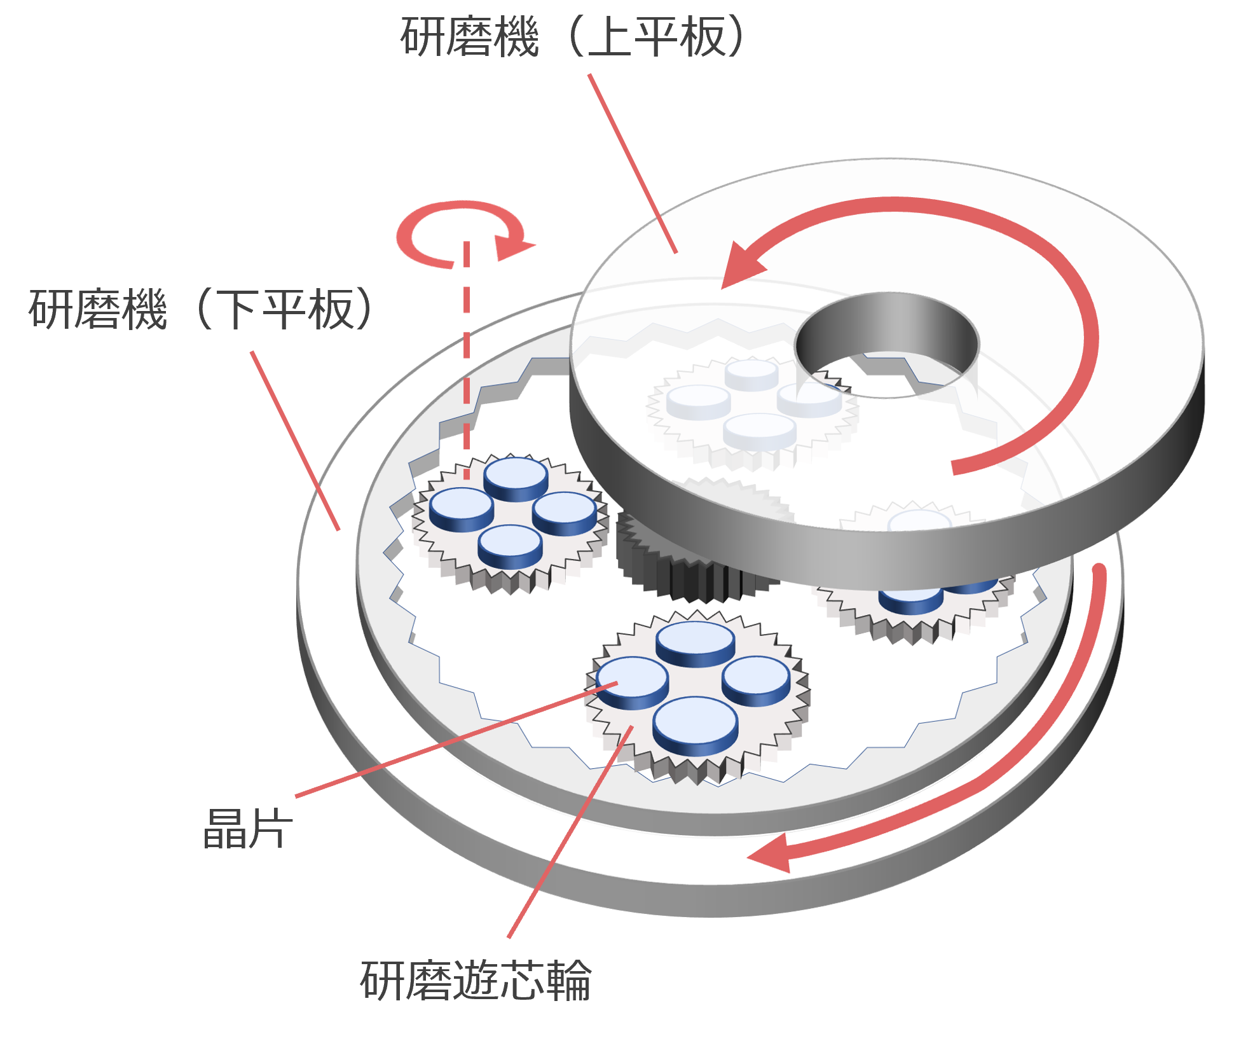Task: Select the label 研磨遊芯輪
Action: (476, 980)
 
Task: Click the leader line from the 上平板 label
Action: (633, 162)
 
